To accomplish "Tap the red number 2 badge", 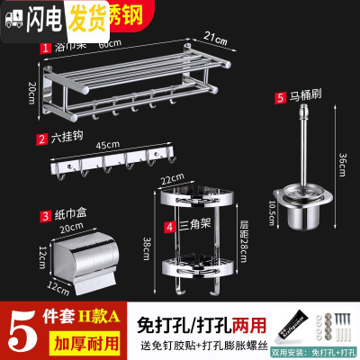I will [41, 139].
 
